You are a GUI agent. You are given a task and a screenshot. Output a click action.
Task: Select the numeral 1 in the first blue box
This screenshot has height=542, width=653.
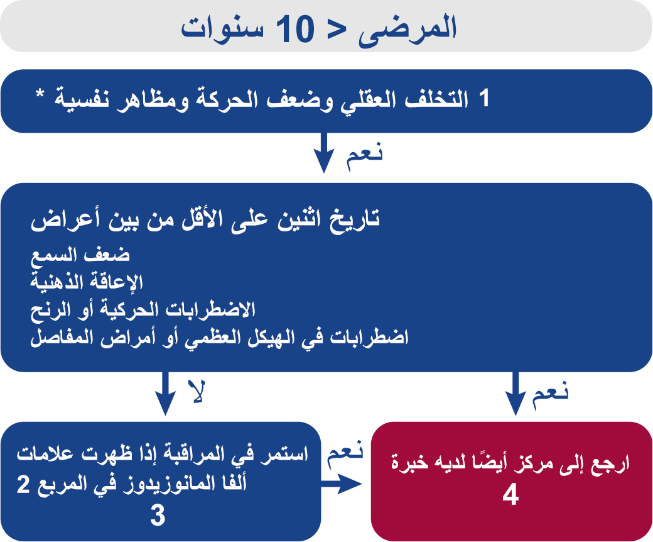coord(483,99)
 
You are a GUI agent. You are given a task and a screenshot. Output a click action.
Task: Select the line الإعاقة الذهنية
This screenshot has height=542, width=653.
coord(87,282)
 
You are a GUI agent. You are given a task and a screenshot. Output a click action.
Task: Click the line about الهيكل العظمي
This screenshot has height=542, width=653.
coord(220,337)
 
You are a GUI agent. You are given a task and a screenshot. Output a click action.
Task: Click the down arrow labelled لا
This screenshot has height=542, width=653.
coord(165,393)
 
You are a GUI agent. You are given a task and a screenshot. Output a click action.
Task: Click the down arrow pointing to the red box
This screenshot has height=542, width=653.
coord(515,393)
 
